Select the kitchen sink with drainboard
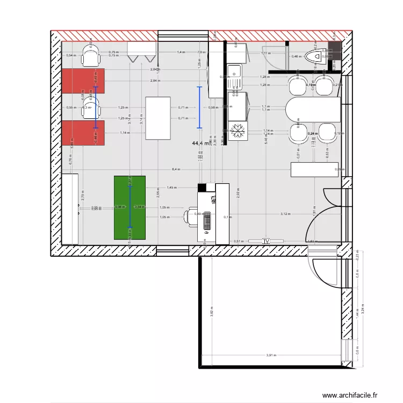pyautogui.click(x=235, y=75)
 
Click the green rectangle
pyautogui.click(x=129, y=207)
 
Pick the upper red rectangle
pyautogui.click(x=83, y=81)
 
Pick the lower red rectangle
pyautogui.click(x=83, y=133)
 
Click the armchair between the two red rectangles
pyautogui.click(x=91, y=106)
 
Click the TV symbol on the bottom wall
pyautogui.click(x=265, y=242)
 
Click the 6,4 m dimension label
pyautogui.click(x=176, y=169)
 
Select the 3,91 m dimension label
pyautogui.click(x=272, y=355)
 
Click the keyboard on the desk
pyautogui.click(x=206, y=224)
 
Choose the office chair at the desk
pyautogui.click(x=191, y=216)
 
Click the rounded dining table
pyautogui.click(x=313, y=110)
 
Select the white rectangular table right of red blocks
pyautogui.click(x=158, y=118)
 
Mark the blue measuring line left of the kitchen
pyautogui.click(x=199, y=107)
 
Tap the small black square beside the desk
pyautogui.click(x=202, y=188)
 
